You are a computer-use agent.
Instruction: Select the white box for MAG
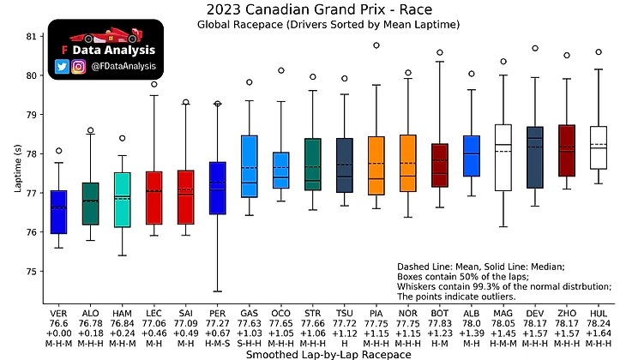point(503,158)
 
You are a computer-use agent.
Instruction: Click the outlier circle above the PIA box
point(376,45)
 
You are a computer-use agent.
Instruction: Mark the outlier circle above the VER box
point(58,151)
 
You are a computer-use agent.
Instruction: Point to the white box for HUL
point(599,147)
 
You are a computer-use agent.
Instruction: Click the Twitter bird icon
point(62,67)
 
